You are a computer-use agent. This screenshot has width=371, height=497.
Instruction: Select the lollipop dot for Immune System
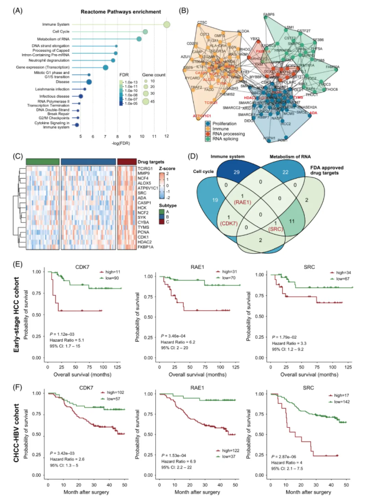point(167,24)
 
